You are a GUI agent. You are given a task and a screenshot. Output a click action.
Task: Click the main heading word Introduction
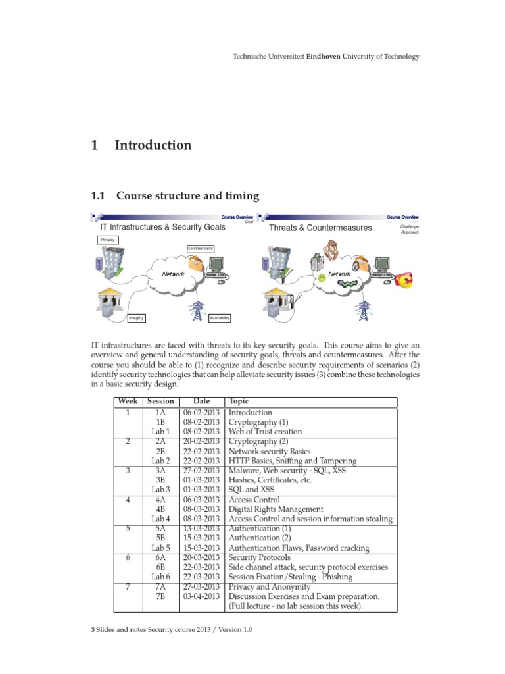153,145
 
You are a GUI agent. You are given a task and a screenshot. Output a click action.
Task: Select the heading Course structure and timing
187,196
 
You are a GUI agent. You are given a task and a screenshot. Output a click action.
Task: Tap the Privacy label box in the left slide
107,240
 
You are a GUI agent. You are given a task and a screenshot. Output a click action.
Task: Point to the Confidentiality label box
201,248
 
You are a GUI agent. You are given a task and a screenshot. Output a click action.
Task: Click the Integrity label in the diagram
136,318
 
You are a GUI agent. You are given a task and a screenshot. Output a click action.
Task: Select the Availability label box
219,318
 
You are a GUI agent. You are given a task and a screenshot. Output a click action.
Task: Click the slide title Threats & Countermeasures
320,228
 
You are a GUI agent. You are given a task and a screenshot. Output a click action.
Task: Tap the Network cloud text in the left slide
169,274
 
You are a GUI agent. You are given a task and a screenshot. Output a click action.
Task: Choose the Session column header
160,402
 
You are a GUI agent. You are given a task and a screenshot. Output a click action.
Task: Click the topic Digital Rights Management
276,509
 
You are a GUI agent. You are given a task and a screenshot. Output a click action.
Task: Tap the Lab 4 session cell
160,519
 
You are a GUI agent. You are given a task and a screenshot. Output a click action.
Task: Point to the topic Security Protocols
259,557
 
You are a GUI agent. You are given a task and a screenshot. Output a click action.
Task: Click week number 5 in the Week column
128,529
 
